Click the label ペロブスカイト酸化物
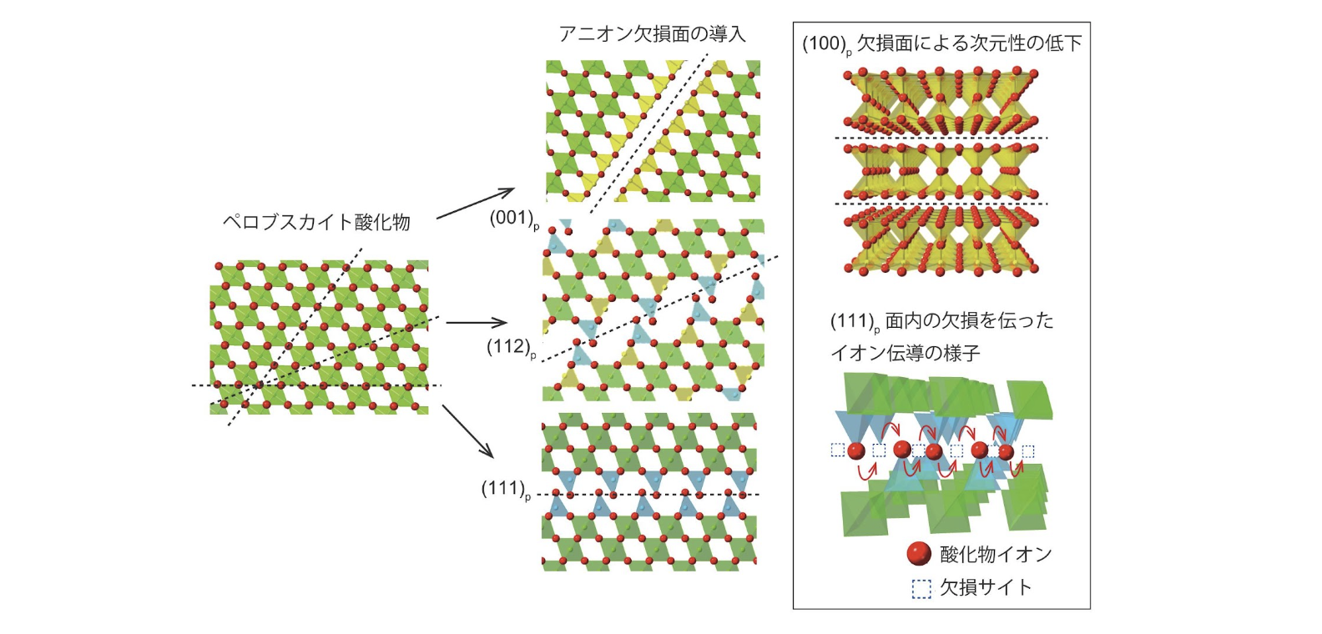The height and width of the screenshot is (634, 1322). [316, 222]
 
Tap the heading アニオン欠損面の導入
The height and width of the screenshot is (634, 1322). [651, 33]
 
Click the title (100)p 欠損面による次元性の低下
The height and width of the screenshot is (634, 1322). [941, 43]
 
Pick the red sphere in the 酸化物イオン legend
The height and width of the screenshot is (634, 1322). [919, 553]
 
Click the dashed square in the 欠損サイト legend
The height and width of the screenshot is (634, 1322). [921, 589]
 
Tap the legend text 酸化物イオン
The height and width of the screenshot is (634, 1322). [996, 554]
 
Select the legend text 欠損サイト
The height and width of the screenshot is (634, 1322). [986, 588]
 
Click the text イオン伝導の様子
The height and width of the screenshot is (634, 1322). [905, 353]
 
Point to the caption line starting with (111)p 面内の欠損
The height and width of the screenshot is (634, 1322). [941, 321]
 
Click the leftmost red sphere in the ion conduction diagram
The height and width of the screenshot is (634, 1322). [856, 451]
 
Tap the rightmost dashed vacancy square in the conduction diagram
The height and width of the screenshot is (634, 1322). [1028, 451]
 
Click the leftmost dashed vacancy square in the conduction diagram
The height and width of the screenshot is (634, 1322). [837, 450]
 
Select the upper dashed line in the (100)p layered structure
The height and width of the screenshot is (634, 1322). [941, 138]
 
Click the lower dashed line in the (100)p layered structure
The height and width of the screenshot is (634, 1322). [941, 204]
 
